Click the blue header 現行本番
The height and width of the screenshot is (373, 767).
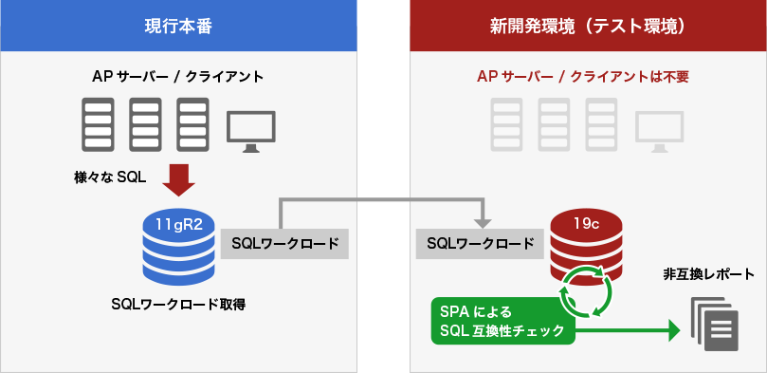(x=178, y=26)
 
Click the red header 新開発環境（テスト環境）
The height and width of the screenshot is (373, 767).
(x=588, y=26)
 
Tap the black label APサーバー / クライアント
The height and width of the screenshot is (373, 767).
(x=177, y=77)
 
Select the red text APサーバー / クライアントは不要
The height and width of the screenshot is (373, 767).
(x=582, y=77)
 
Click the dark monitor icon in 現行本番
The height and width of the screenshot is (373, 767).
(x=251, y=131)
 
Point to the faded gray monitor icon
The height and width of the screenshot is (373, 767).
(x=660, y=131)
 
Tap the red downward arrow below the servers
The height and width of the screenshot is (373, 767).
(x=177, y=177)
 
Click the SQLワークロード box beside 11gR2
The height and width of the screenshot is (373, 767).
(x=284, y=244)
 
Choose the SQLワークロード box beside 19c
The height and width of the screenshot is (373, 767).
(x=481, y=244)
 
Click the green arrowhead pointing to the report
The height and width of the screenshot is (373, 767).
(x=674, y=330)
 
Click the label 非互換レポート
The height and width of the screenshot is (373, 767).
(x=710, y=275)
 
